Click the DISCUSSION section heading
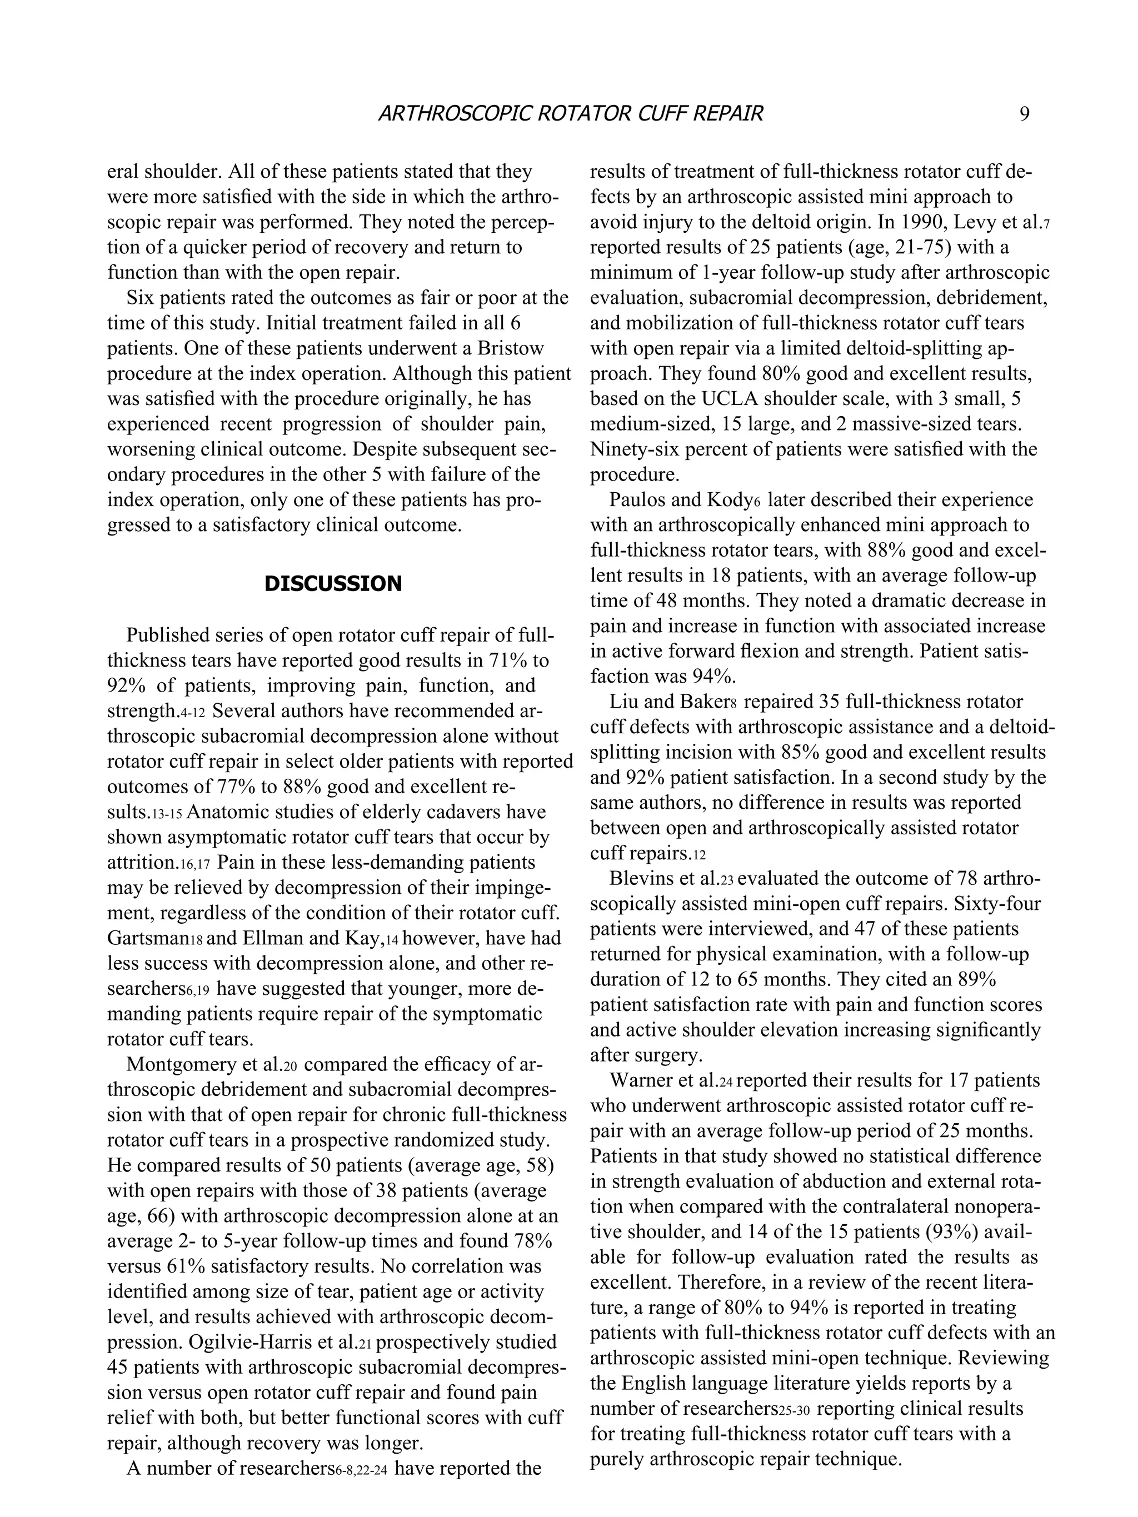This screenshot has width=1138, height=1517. coord(333,584)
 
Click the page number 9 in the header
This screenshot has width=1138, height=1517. coord(1024,113)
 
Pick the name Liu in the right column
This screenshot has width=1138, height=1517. coord(623,702)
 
